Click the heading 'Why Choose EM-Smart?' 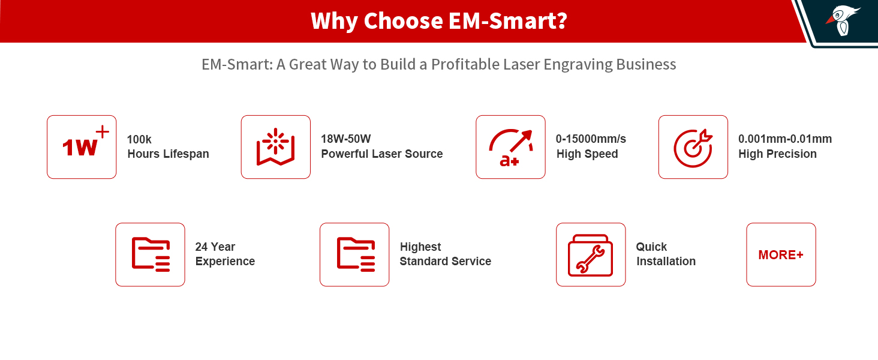[438, 22]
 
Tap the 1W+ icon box [82, 147]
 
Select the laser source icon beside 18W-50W [276, 147]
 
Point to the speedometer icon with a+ [510, 147]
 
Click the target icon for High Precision [693, 147]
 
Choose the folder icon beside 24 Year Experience [150, 254]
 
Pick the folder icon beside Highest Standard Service [354, 254]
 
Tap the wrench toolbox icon [591, 254]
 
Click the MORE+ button [781, 254]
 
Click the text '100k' [139, 139]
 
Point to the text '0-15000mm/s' [591, 139]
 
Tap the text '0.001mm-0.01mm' [785, 139]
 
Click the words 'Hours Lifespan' [168, 154]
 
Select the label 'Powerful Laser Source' [382, 154]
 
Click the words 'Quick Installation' [666, 254]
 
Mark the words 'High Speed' [587, 154]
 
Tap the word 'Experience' [225, 262]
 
